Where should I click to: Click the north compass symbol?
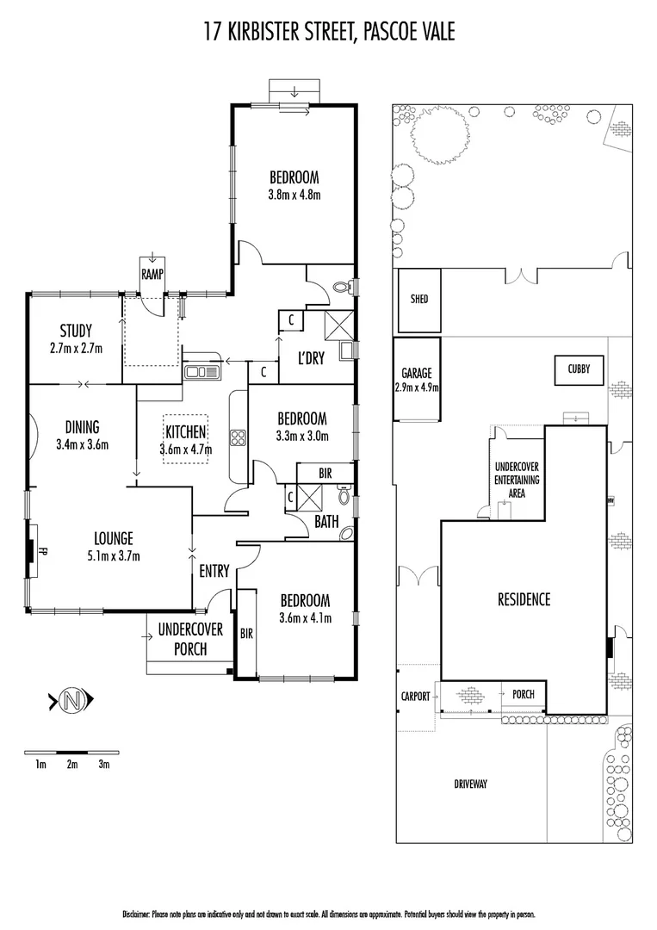(x=73, y=701)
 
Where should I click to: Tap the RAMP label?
(x=152, y=274)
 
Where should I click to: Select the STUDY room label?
(x=76, y=331)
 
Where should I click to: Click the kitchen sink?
(x=201, y=372)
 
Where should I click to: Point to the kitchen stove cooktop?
(x=238, y=437)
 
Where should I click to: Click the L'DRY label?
(x=311, y=358)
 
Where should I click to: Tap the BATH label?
(x=326, y=521)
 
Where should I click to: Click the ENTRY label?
(x=214, y=571)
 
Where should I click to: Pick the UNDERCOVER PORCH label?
(x=190, y=639)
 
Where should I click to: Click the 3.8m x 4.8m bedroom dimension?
(x=294, y=194)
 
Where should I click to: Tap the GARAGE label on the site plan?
(x=417, y=374)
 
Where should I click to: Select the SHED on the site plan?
(x=418, y=300)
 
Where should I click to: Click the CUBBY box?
(x=579, y=369)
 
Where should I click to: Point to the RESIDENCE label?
(x=524, y=599)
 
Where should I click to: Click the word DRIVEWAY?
(x=470, y=784)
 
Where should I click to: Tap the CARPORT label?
(x=414, y=696)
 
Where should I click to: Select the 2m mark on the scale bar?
(x=72, y=764)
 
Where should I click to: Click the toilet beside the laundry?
(x=342, y=287)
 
